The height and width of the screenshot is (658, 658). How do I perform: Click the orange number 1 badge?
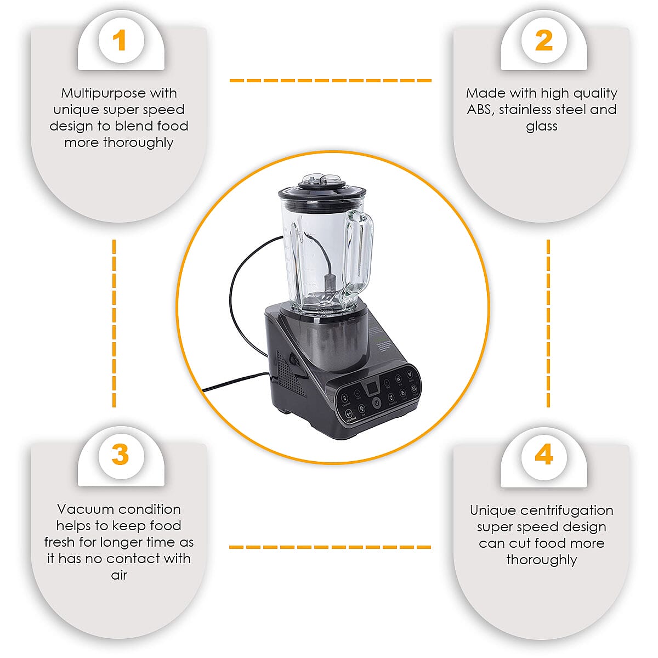pos(120,41)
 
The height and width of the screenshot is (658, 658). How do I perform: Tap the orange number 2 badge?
pos(543,41)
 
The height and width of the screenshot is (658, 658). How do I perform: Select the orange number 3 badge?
pos(120,455)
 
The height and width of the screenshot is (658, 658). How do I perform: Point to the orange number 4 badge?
pos(543,455)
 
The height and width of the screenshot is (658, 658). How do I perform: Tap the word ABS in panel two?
pos(479,110)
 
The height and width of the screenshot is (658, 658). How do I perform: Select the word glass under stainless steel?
pos(542,126)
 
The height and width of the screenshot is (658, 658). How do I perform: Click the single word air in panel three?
pos(119,575)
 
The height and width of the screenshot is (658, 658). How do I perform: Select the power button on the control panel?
pos(377,403)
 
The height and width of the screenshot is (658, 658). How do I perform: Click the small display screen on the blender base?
pos(372,388)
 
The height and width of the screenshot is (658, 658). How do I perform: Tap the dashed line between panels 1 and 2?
pos(330,81)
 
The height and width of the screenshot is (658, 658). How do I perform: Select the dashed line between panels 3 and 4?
pos(330,547)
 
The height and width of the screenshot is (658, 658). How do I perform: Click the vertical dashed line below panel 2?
pos(548,324)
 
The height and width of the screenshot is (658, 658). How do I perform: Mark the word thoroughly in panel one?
pos(138,143)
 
